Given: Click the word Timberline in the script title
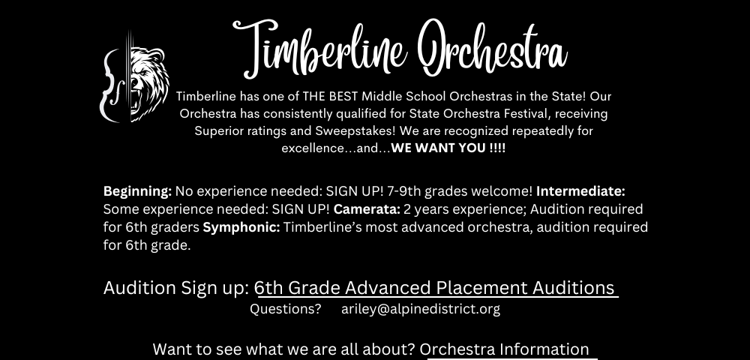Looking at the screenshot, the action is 320,48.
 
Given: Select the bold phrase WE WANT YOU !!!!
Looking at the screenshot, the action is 448,148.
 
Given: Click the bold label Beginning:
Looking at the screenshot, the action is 138,192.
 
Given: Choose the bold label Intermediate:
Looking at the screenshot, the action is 580,191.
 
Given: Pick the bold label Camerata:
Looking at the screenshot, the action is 367,209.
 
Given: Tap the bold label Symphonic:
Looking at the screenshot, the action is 241,227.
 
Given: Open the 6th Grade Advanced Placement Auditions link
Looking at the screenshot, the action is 436,288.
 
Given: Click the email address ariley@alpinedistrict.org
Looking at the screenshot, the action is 421,309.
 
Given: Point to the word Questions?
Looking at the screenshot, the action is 286,309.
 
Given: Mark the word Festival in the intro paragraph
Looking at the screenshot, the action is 514,114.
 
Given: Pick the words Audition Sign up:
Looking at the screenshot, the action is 176,288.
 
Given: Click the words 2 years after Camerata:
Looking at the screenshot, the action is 424,210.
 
